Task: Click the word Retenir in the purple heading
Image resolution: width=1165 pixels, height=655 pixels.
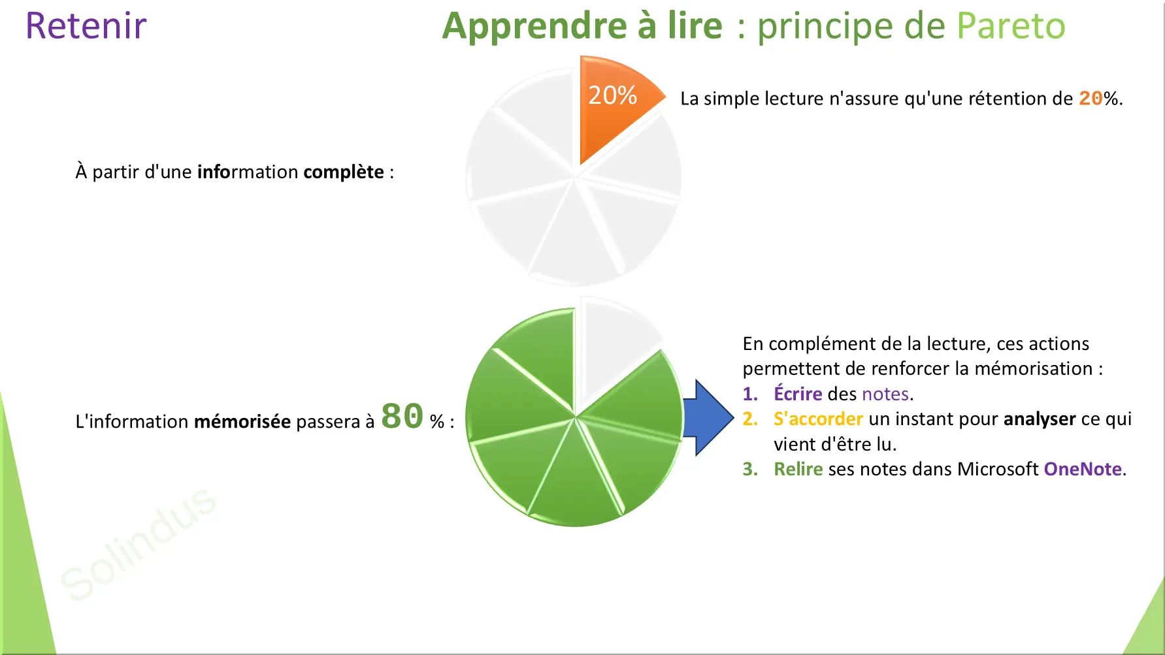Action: [86, 26]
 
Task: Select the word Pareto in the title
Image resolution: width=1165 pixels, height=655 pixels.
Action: [1011, 26]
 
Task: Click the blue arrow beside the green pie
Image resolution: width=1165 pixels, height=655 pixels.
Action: [708, 417]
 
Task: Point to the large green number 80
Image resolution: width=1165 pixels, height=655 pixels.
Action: [402, 416]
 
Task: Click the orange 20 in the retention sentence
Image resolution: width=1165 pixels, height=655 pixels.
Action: [1091, 99]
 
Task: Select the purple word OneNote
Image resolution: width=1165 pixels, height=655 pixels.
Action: [1083, 469]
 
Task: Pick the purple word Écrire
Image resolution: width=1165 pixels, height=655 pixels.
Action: [798, 394]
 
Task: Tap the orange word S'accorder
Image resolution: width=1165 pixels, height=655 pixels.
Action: [818, 419]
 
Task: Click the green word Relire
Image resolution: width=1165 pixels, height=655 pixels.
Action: [798, 469]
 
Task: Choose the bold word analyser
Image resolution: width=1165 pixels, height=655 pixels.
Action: [1040, 419]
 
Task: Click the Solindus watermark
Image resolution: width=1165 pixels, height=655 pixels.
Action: [139, 543]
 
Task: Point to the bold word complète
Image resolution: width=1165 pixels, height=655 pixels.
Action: [344, 172]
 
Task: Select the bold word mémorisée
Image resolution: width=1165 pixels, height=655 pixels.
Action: [242, 421]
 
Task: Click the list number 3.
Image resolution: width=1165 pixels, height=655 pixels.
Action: [750, 469]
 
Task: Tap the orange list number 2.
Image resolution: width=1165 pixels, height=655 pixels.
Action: [750, 419]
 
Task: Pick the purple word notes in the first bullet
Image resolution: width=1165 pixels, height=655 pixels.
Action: [885, 394]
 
